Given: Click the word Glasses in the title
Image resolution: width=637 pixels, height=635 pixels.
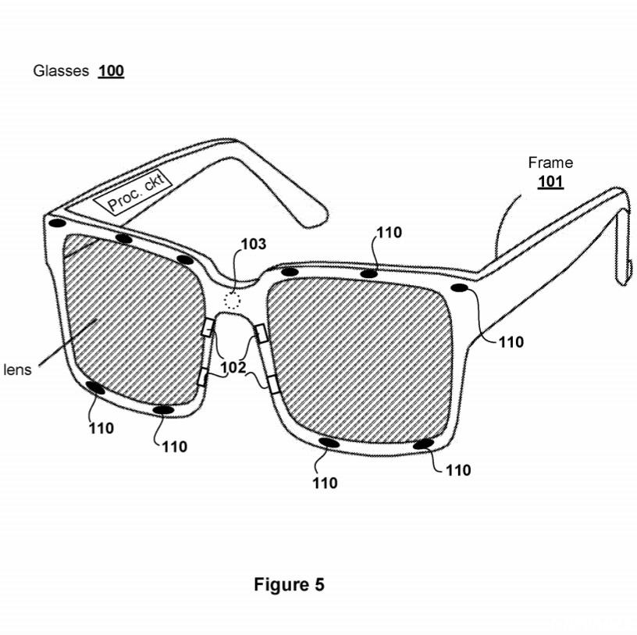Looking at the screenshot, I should coord(61,71).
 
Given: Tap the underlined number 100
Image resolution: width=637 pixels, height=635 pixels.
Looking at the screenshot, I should coord(111,71).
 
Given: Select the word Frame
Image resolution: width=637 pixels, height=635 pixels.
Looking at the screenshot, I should coord(550,162).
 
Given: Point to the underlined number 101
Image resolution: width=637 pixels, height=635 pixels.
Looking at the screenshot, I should coord(550,184).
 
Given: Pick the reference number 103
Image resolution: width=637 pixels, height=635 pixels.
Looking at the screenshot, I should coord(252,244).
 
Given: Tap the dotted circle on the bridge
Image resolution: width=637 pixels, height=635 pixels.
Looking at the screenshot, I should coord(232,300).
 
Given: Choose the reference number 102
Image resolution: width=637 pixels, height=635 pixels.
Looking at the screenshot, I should coord(233,367).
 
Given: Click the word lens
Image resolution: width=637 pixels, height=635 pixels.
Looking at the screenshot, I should coord(16,369).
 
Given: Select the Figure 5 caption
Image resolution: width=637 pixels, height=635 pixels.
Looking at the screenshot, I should coord(289,584).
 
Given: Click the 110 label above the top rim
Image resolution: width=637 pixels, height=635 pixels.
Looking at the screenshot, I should coord(389,232).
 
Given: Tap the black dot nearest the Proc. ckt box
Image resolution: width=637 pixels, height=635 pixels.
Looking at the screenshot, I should coord(122,239).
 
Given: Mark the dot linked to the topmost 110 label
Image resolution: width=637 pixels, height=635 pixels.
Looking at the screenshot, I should coord(368,273).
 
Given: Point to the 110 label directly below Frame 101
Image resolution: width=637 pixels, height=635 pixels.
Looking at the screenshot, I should coord(511,342).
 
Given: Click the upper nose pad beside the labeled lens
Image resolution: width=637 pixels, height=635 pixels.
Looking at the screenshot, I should coord(207,328).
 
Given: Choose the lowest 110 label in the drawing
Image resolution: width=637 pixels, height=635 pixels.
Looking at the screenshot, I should coord(325,483).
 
